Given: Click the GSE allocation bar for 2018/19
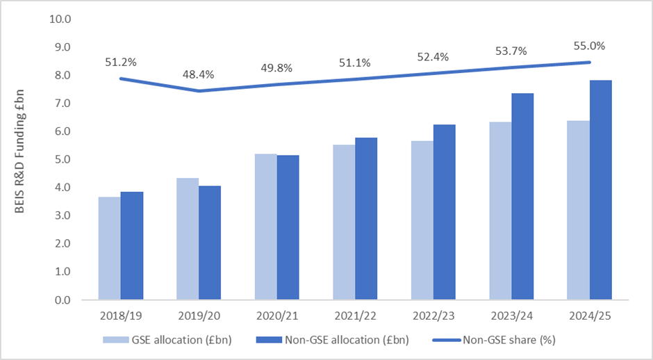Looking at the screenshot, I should (x=108, y=248).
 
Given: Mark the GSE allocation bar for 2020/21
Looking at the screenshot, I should (x=265, y=227).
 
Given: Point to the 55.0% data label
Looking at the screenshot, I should (x=589, y=47).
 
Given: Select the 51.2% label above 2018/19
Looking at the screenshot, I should (x=121, y=62).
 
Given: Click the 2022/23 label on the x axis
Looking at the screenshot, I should (x=432, y=316).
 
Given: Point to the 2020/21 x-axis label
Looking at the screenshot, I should (x=276, y=316).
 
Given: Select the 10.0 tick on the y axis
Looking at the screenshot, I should (x=60, y=19).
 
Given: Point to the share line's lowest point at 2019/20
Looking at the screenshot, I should (x=199, y=91).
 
